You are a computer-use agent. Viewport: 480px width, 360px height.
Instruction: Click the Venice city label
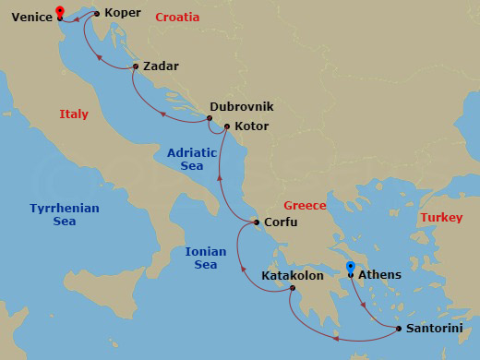[x=31, y=16]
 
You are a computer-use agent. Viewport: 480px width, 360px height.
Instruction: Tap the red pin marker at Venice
[x=60, y=12]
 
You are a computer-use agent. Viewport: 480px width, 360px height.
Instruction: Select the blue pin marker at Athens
[x=351, y=269]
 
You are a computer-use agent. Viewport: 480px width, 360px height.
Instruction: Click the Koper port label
[x=123, y=13]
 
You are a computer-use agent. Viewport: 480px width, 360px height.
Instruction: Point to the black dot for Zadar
[x=136, y=66]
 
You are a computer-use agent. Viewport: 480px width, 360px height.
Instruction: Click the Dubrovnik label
[x=241, y=106]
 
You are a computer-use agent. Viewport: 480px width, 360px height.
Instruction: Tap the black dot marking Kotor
[x=227, y=126]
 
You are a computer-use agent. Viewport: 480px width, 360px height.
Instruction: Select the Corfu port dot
[x=257, y=222]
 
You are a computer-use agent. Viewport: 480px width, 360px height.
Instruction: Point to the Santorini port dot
[x=398, y=329]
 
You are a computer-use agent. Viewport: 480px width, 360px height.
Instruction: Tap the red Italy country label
[x=74, y=114]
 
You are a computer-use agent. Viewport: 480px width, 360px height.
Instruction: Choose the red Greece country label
[x=305, y=205]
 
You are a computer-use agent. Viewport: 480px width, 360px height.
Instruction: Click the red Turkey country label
[x=440, y=218]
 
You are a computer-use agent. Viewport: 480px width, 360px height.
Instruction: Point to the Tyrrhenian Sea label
[x=64, y=215]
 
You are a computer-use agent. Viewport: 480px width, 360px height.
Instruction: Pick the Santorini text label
[x=437, y=329]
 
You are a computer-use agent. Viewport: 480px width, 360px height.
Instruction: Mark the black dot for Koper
[x=97, y=14]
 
